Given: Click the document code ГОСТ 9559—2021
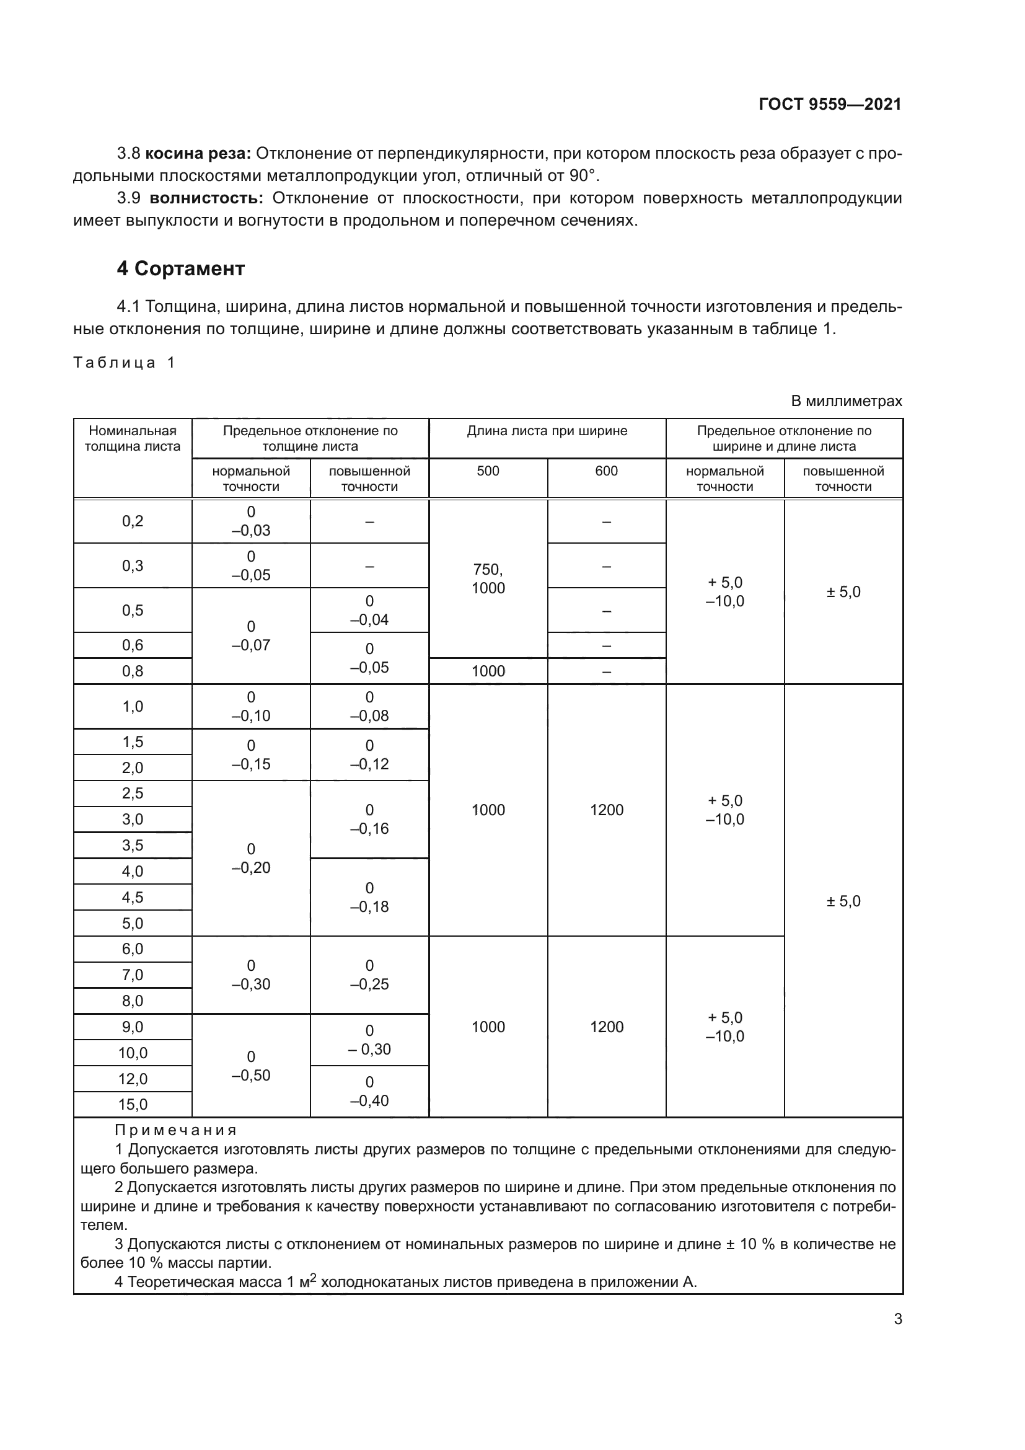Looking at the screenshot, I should [x=829, y=104].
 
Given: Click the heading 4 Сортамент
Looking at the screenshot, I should [x=180, y=268].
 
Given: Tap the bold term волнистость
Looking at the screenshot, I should [x=206, y=198].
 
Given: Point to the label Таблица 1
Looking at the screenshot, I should [x=124, y=363].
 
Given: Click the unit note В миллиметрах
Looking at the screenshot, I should [x=846, y=401].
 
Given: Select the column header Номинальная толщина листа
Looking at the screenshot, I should [x=133, y=438].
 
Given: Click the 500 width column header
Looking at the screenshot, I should [x=488, y=471].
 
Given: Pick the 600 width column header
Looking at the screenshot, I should [x=606, y=471].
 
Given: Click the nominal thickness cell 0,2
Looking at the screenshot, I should [x=133, y=521].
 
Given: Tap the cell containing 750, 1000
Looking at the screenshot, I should [x=488, y=578].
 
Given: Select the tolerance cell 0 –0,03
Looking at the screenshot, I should [x=250, y=521].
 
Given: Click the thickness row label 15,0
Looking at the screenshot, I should [x=133, y=1104].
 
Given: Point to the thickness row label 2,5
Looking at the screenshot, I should [x=133, y=794].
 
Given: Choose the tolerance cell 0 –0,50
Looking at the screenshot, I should [x=250, y=1066].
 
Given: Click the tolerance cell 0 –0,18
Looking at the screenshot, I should [x=369, y=897].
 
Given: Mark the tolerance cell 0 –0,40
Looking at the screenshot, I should [x=369, y=1091].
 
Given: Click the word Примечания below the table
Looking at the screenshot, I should [x=175, y=1131].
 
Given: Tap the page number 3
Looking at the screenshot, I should [x=897, y=1319].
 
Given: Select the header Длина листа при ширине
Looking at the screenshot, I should [x=547, y=431].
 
